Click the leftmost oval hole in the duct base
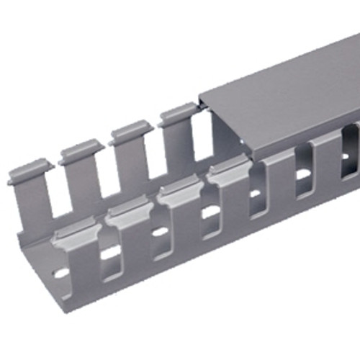[x=61, y=274]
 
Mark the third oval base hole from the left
[x=160, y=232]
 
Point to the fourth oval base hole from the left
[x=210, y=212]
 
